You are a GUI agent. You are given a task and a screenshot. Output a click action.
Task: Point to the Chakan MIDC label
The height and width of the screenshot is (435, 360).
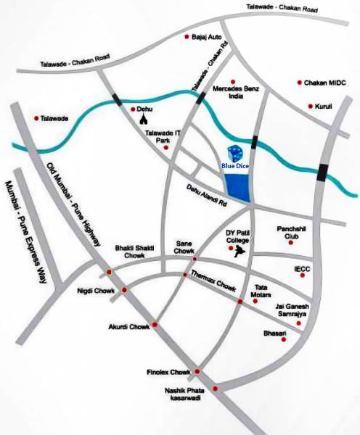tap(327, 83)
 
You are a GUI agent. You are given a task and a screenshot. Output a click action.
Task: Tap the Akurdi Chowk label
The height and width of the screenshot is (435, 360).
tap(128, 327)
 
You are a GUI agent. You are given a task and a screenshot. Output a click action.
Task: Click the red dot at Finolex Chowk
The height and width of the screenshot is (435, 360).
tap(196, 372)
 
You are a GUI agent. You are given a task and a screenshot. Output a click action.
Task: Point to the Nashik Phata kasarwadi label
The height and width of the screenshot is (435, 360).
tap(185, 395)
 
